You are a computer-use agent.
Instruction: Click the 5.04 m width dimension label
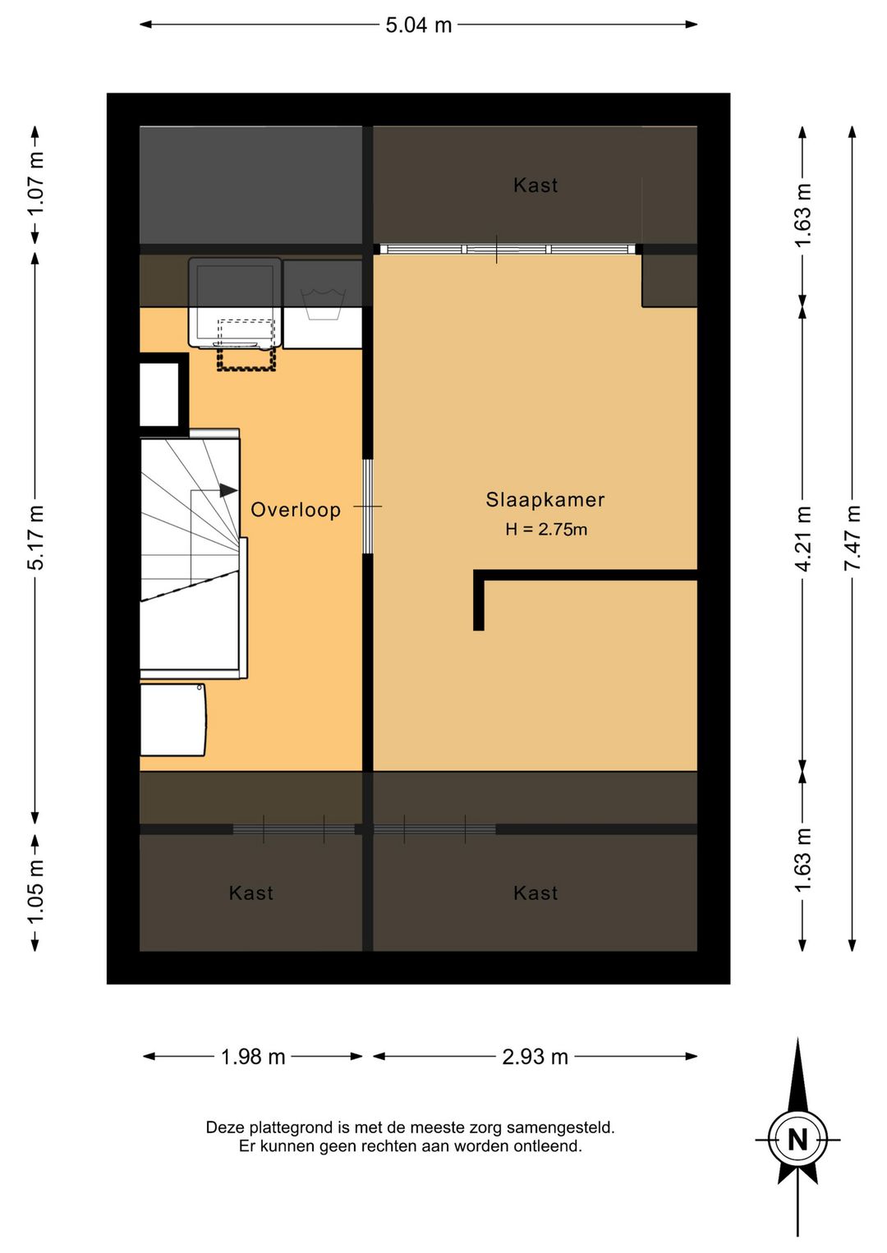418,25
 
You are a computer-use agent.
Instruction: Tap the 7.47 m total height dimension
852,538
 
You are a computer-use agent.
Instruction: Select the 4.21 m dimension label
803,538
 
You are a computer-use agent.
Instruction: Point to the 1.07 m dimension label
36,184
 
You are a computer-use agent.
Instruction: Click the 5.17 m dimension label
36,537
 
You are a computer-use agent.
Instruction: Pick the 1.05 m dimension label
36,893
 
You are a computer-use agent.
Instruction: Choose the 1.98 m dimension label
253,1057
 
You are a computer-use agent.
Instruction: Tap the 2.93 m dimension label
535,1057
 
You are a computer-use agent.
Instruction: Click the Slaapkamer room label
545,499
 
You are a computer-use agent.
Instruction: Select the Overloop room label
296,510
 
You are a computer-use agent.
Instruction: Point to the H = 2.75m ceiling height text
546,529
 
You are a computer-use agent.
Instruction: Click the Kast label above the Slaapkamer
535,185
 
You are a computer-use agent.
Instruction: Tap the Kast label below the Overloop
251,893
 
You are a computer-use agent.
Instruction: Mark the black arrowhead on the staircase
227,490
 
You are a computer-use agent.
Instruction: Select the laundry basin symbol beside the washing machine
323,305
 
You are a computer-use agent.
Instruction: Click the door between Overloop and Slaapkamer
368,507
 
